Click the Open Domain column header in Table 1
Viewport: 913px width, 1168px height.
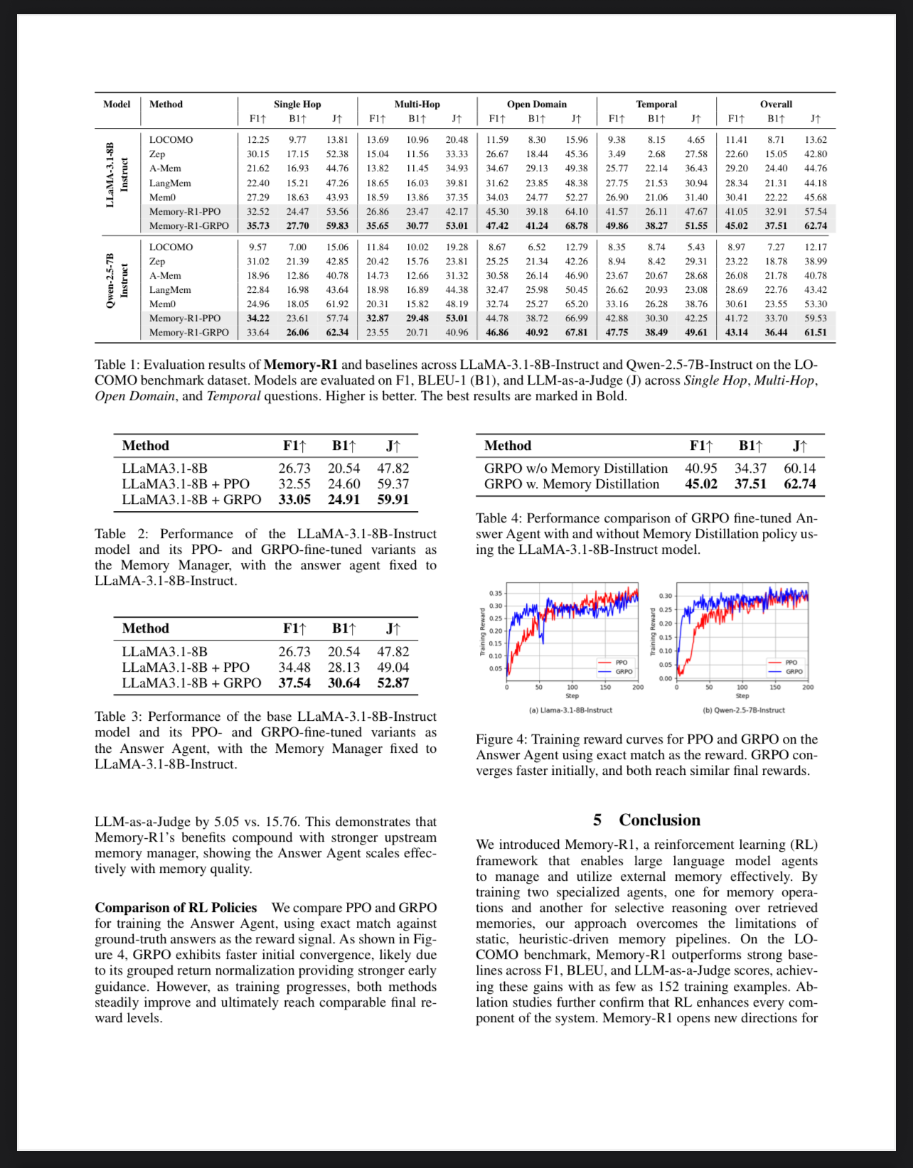[537, 105]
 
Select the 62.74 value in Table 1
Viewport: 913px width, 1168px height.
[816, 226]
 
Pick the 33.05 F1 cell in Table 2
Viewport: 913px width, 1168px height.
[294, 500]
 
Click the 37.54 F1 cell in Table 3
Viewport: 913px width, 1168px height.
[294, 683]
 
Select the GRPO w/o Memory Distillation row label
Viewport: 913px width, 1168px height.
[576, 468]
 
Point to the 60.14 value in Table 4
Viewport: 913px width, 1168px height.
[800, 468]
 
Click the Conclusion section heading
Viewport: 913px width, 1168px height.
[659, 820]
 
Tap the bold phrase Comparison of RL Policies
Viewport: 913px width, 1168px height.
[176, 908]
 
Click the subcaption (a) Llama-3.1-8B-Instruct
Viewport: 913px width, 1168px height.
[571, 710]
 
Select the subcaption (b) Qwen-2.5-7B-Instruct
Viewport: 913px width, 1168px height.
[744, 710]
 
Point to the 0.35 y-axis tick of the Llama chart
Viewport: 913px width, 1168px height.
[496, 594]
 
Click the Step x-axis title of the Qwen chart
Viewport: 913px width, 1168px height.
[742, 696]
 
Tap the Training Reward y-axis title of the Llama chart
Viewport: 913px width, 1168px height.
[483, 632]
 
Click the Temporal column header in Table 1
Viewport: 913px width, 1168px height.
[656, 105]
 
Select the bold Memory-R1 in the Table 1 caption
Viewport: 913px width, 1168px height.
[301, 365]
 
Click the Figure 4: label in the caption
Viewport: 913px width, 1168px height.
[501, 739]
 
